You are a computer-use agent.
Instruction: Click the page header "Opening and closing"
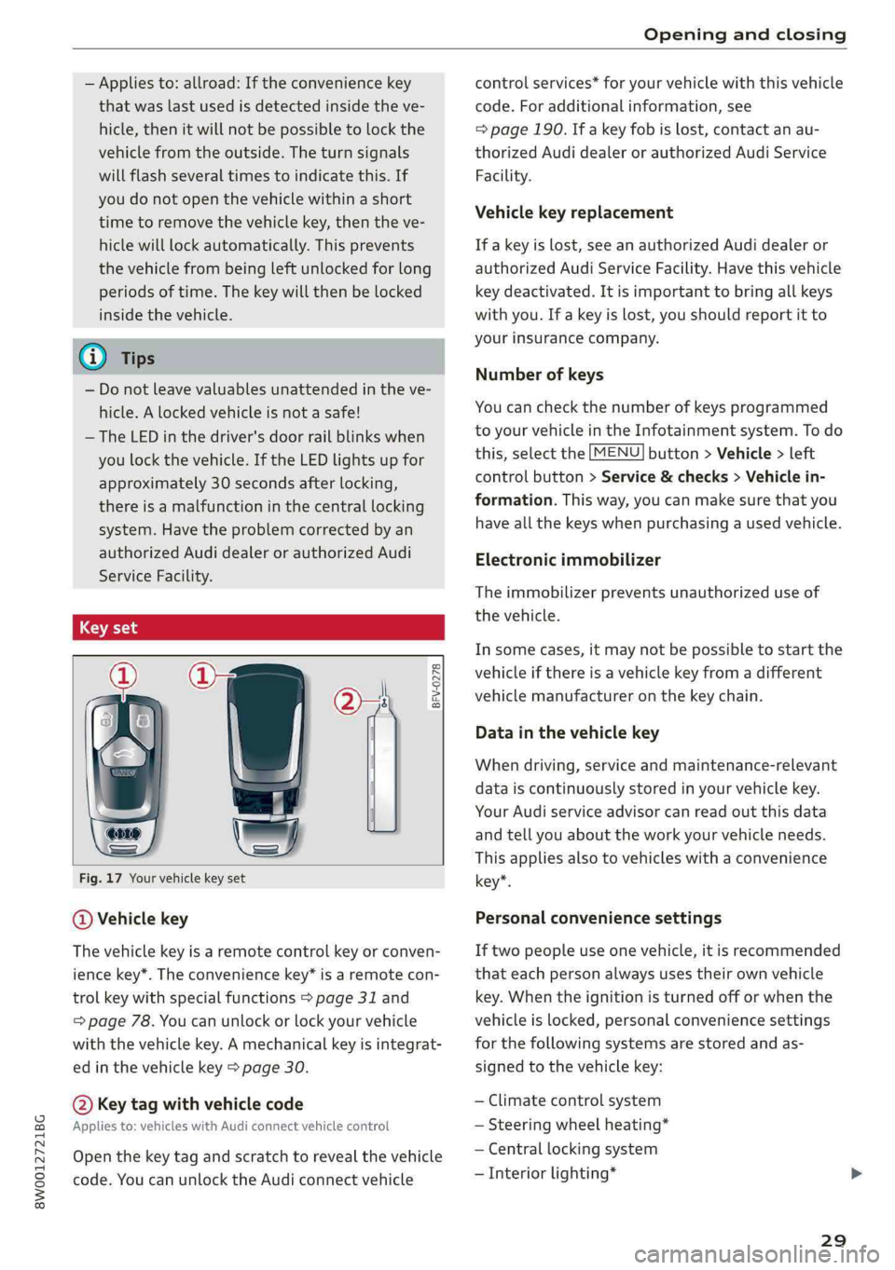click(744, 34)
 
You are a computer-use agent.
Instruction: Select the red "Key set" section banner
click(258, 627)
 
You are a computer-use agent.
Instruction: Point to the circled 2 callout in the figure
click(348, 701)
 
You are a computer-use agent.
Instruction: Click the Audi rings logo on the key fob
click(123, 832)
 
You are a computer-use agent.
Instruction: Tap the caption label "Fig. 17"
click(101, 878)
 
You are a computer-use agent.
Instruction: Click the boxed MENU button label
click(616, 453)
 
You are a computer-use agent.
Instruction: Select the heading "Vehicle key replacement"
click(573, 212)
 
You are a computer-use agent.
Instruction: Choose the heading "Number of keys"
click(539, 375)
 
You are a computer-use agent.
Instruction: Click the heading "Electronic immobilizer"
click(567, 560)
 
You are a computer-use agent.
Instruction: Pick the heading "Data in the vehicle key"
click(567, 732)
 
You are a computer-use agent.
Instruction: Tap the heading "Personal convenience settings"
click(598, 918)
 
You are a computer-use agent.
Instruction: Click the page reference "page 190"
click(526, 130)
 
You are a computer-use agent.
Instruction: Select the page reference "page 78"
click(119, 1020)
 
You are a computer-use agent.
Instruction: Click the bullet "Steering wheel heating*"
click(578, 1125)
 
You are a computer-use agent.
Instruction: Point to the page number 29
click(833, 1239)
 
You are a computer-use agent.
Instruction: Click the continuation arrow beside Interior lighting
click(857, 1173)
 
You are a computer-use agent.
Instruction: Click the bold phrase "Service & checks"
click(664, 477)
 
